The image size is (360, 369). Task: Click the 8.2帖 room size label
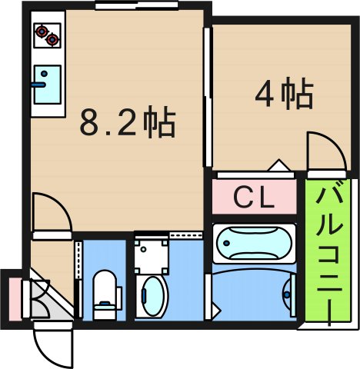128,123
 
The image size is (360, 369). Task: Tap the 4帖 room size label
284,95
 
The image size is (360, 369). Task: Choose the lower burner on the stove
52,39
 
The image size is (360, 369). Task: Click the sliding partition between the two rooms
205,96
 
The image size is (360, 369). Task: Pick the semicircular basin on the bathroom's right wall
288,293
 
